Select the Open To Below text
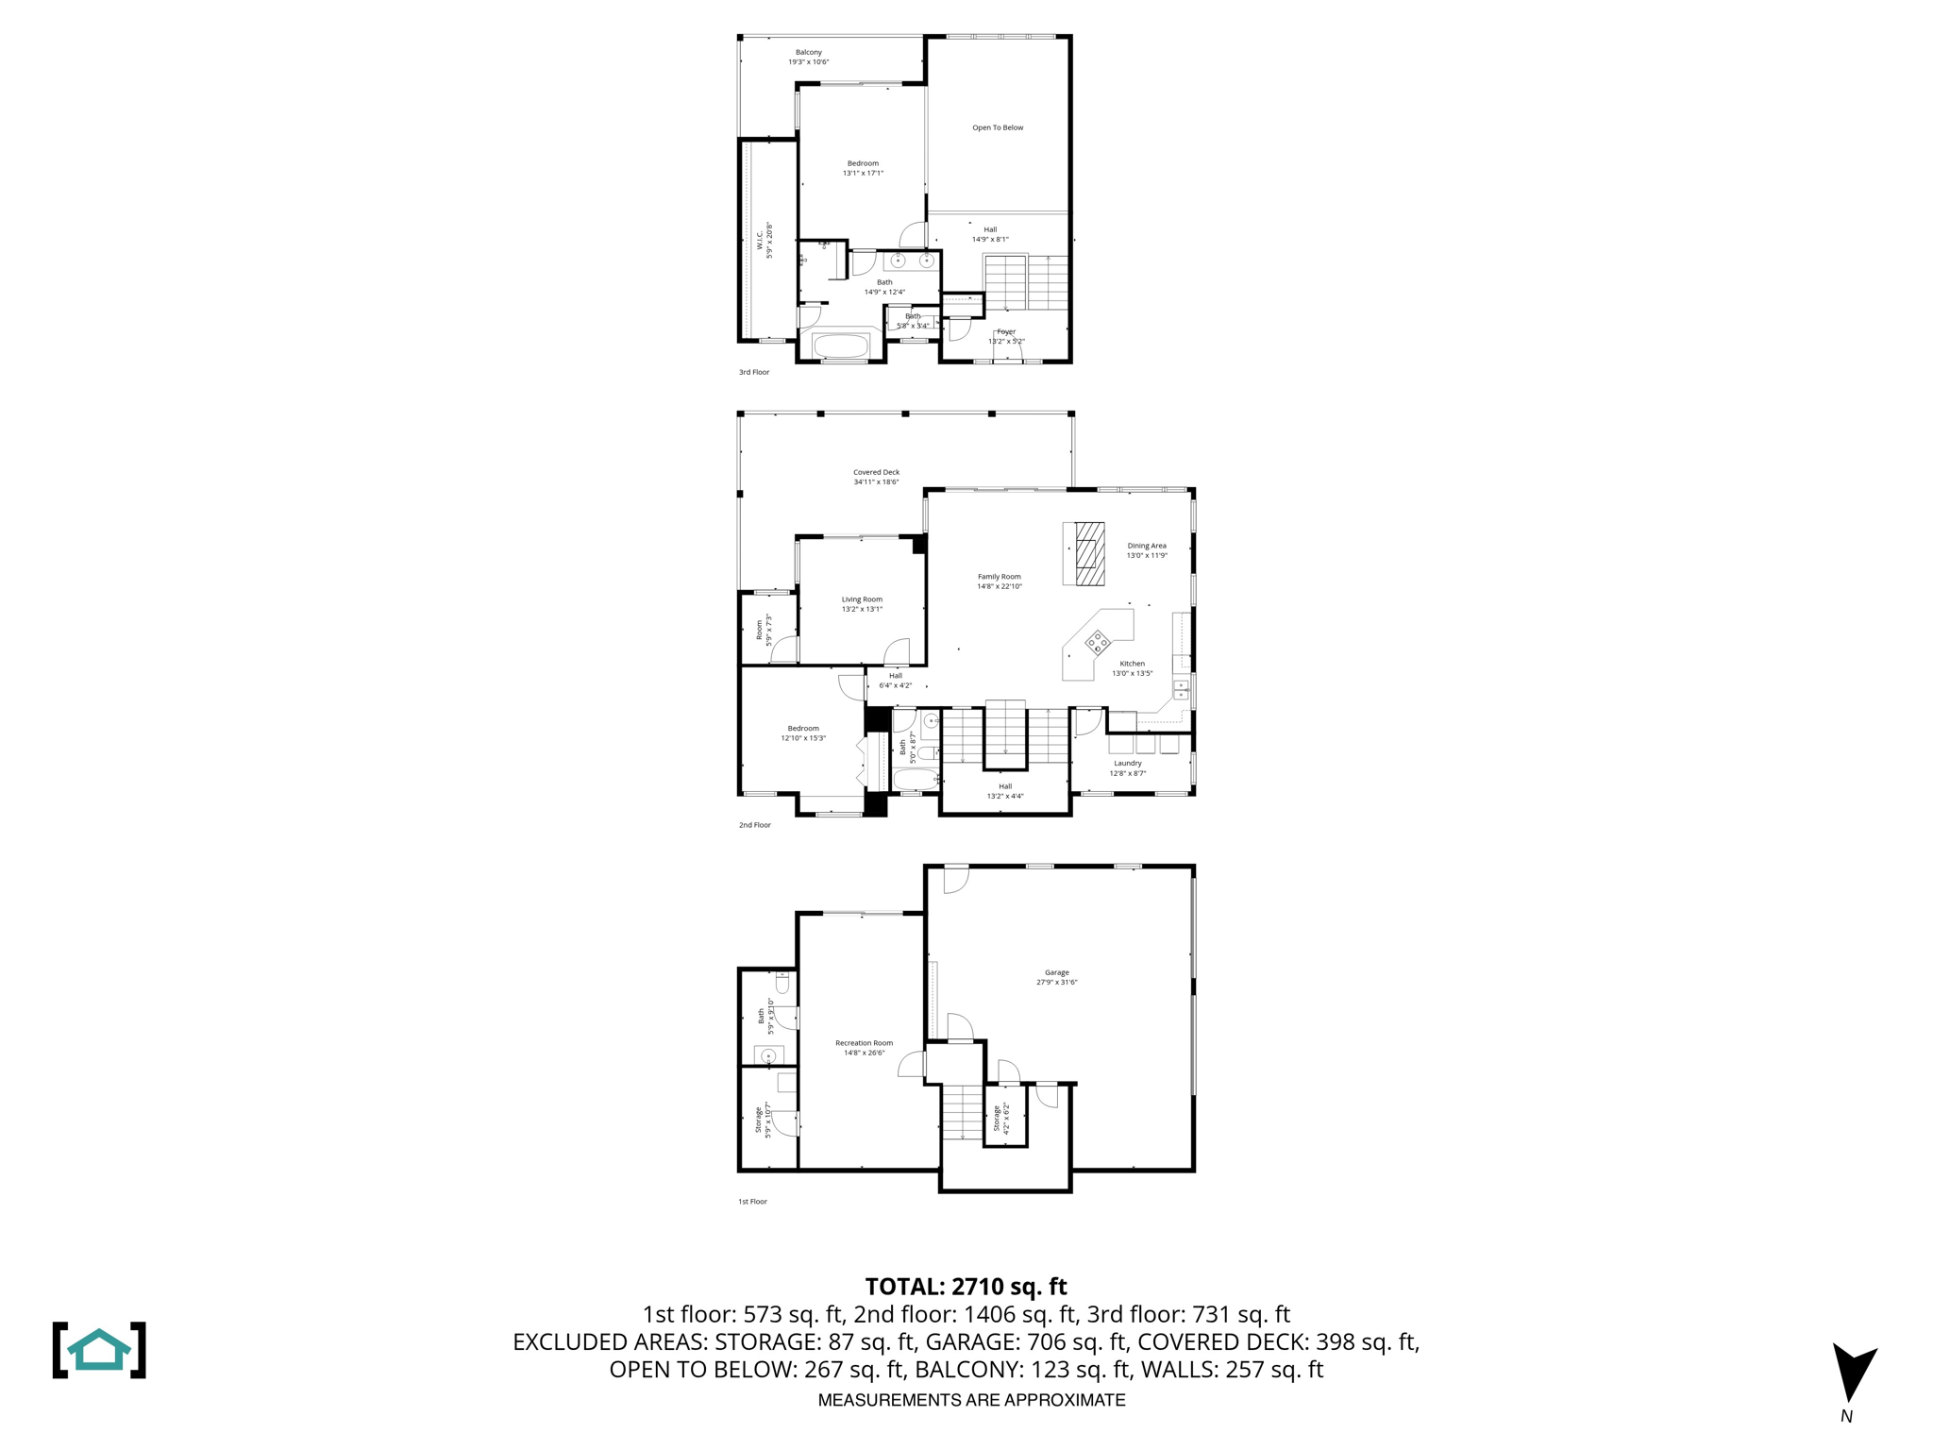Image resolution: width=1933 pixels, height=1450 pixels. [998, 127]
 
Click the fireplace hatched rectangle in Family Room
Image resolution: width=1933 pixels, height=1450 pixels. [1090, 554]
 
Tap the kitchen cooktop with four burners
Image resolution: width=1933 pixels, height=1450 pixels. [1097, 643]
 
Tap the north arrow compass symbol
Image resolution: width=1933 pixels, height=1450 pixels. [1853, 1374]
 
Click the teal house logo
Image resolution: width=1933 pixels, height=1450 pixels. [99, 1350]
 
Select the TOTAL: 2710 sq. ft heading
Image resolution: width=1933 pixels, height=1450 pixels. [966, 1287]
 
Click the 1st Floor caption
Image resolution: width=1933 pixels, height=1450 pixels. [752, 1202]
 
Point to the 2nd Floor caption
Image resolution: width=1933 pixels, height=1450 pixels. [754, 825]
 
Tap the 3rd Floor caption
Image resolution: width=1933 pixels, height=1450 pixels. [753, 372]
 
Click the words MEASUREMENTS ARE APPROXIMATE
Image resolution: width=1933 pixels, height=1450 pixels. [971, 1400]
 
